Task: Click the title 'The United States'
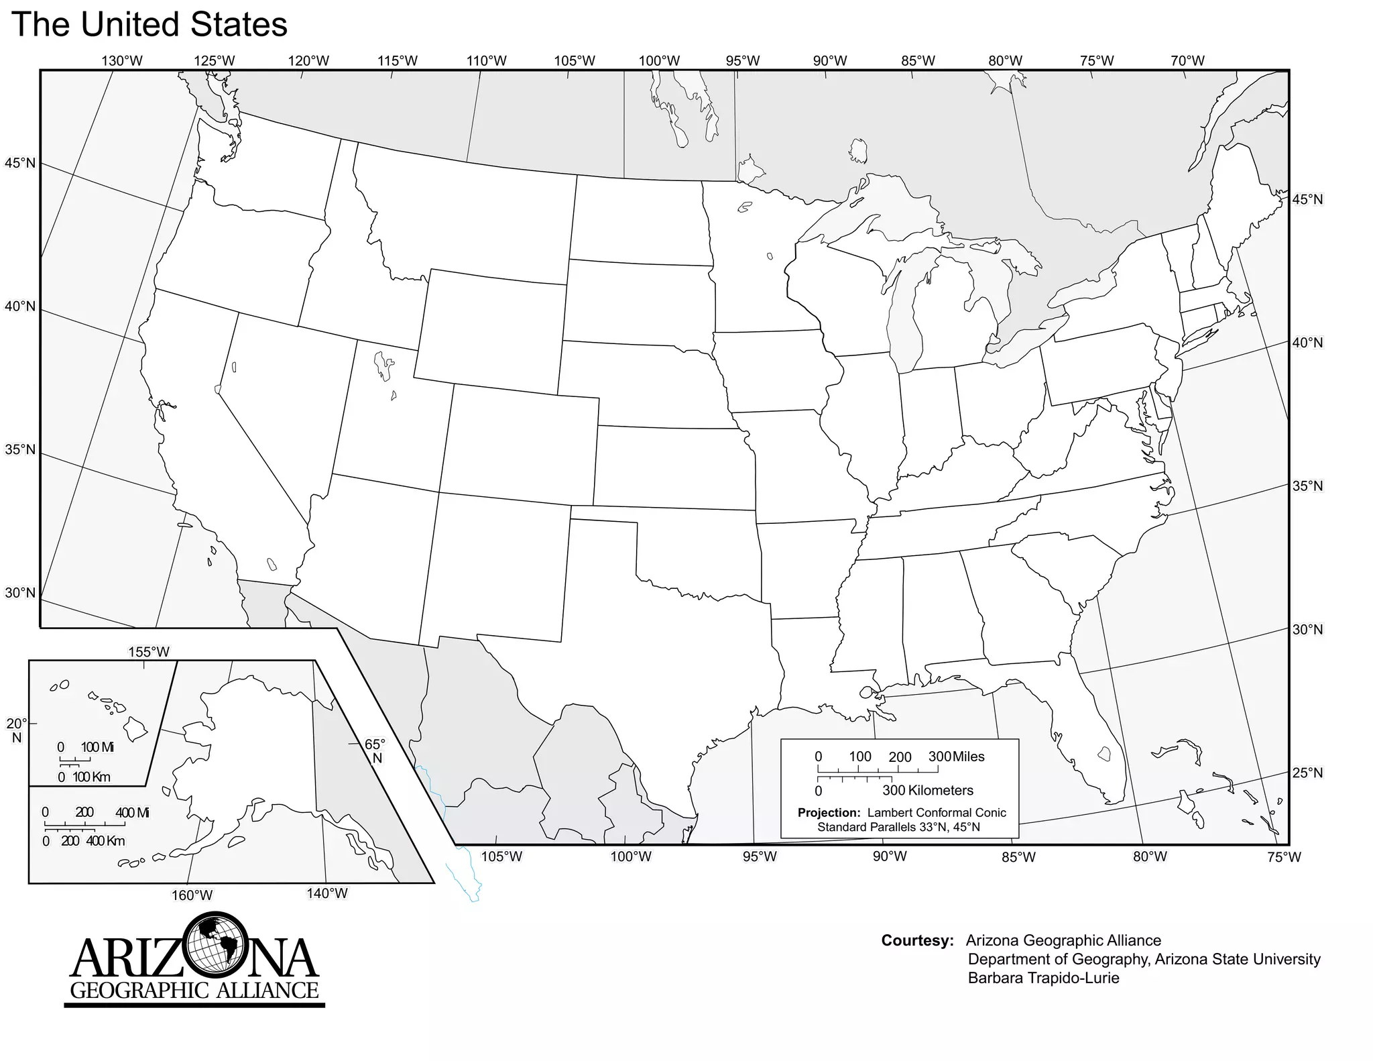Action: [150, 24]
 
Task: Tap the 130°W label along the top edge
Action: [122, 61]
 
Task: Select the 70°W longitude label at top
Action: [1187, 61]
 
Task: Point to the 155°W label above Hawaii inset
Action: [149, 652]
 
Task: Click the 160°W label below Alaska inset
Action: [192, 895]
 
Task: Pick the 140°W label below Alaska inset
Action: [327, 893]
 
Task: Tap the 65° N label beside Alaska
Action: [375, 751]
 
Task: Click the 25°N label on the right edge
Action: [1307, 773]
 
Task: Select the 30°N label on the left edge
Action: [20, 593]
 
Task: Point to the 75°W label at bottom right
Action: [1284, 857]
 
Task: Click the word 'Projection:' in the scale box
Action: [829, 813]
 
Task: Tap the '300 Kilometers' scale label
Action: [928, 791]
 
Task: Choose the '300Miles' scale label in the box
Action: [957, 757]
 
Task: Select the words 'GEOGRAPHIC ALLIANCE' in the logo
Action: [194, 991]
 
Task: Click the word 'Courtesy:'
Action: [917, 941]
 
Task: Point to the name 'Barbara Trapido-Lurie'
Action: [1043, 978]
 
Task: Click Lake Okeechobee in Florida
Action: [1103, 754]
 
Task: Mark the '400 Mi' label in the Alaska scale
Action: [133, 813]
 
